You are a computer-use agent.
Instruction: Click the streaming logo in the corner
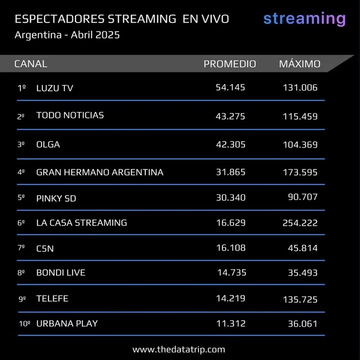305,19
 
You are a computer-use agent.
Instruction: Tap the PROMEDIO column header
230,64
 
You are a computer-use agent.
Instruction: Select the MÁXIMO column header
300,63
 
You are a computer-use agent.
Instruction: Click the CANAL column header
31,63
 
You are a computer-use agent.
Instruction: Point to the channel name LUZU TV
54,88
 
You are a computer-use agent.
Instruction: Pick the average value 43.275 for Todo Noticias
230,116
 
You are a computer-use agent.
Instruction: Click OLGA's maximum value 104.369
300,144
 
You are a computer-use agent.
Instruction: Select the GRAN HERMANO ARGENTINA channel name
100,172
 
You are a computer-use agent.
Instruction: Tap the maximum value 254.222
300,223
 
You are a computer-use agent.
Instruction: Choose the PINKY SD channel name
56,198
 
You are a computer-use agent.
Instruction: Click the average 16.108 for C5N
231,248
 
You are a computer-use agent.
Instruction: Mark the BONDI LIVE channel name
61,272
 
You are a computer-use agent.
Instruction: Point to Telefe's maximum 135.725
300,299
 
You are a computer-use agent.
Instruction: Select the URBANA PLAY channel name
67,323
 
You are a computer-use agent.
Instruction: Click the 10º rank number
24,323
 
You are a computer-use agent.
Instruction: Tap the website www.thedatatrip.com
179,349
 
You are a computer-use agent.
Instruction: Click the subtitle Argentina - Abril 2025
67,35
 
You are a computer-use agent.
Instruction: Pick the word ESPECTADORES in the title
60,19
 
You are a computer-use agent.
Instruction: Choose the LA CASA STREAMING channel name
82,223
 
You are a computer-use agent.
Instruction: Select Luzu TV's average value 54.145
230,87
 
